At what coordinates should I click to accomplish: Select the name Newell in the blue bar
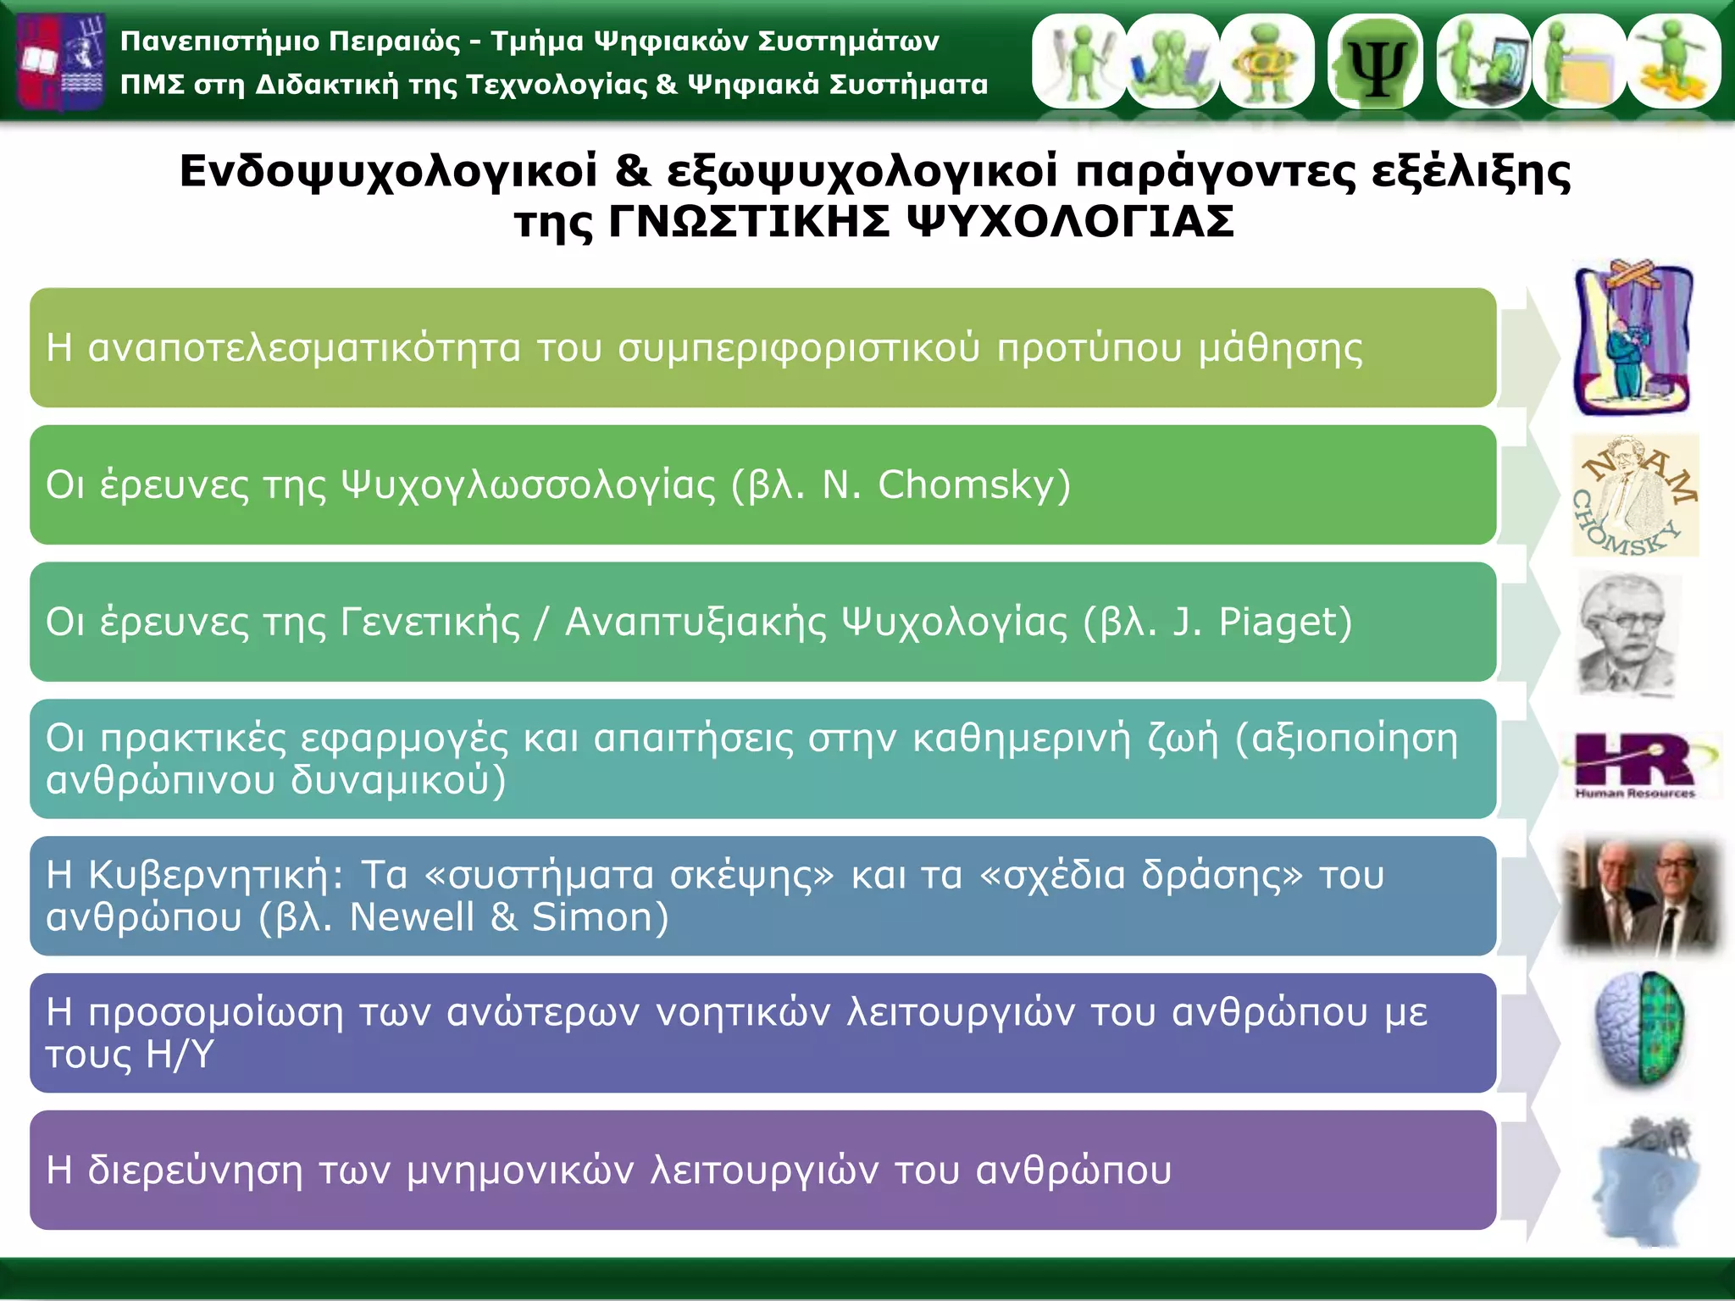(412, 917)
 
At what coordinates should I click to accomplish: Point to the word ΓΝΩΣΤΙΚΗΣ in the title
(750, 223)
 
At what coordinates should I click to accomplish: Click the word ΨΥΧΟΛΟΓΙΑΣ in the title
(1070, 223)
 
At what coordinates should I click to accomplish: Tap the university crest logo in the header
(61, 61)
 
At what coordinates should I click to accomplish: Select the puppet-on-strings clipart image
(1632, 339)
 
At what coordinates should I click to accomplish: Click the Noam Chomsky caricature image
(1634, 495)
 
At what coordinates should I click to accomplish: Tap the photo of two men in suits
(1641, 896)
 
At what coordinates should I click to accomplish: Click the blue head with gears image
(1644, 1182)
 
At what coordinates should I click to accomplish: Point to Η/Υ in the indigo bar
(180, 1055)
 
